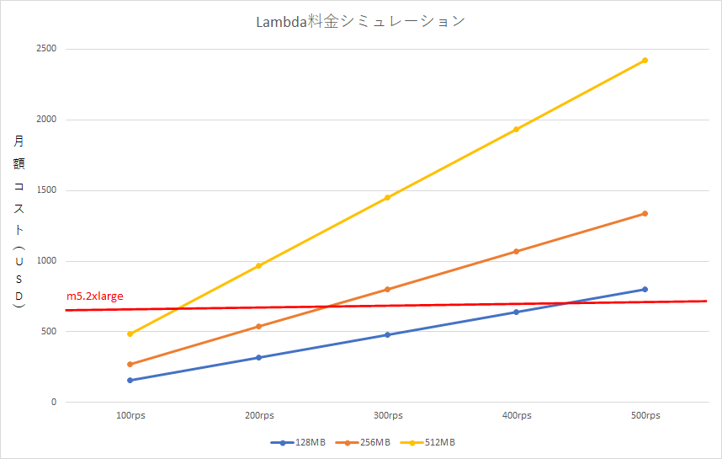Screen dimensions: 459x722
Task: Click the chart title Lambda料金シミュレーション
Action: (x=360, y=22)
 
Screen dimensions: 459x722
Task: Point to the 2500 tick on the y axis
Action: (x=45, y=49)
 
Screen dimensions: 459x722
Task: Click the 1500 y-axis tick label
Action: (x=45, y=190)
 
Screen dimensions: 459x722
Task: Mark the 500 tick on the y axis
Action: (x=48, y=332)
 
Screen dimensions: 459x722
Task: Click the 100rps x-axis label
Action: (x=130, y=416)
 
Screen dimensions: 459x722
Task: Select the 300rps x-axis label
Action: (x=388, y=416)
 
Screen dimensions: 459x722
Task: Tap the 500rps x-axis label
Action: (x=645, y=416)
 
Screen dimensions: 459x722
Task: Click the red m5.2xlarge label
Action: (x=95, y=296)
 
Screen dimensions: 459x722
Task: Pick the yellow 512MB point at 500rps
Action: (x=645, y=61)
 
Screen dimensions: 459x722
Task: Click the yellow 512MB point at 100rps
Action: (x=130, y=334)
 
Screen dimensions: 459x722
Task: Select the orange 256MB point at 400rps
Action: (x=517, y=252)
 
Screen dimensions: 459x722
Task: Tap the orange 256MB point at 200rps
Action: (x=259, y=327)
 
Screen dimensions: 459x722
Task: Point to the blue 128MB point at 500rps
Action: (x=645, y=290)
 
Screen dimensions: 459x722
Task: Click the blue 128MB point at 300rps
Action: (x=388, y=335)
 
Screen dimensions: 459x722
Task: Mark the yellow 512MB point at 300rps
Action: (x=388, y=198)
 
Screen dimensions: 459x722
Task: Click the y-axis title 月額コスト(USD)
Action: (x=19, y=223)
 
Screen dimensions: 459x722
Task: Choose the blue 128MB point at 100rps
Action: (x=130, y=381)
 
